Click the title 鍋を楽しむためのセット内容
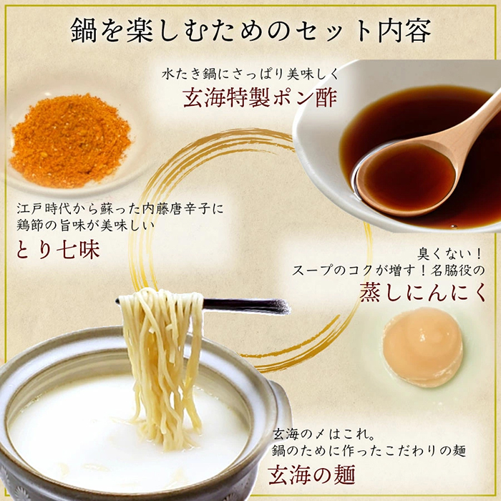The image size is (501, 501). pyautogui.click(x=250, y=31)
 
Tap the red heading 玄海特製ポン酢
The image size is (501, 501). pyautogui.click(x=260, y=98)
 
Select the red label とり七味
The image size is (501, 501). pyautogui.click(x=58, y=250)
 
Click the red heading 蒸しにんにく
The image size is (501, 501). pyautogui.click(x=423, y=292)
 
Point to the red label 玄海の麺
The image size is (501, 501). pyautogui.click(x=311, y=475)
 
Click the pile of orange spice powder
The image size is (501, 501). pyautogui.click(x=70, y=140)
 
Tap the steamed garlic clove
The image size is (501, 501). pyautogui.click(x=423, y=347)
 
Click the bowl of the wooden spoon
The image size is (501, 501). pyautogui.click(x=405, y=178)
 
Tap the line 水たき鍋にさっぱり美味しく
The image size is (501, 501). pyautogui.click(x=250, y=74)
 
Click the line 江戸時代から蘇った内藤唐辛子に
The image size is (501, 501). pyautogui.click(x=120, y=209)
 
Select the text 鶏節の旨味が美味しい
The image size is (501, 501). pyautogui.click(x=86, y=225)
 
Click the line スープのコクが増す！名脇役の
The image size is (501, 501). pyautogui.click(x=389, y=271)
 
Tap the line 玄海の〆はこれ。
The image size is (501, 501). pyautogui.click(x=326, y=435)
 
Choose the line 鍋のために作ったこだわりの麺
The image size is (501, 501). pyautogui.click(x=369, y=451)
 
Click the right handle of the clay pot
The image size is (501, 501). pyautogui.click(x=281, y=412)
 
